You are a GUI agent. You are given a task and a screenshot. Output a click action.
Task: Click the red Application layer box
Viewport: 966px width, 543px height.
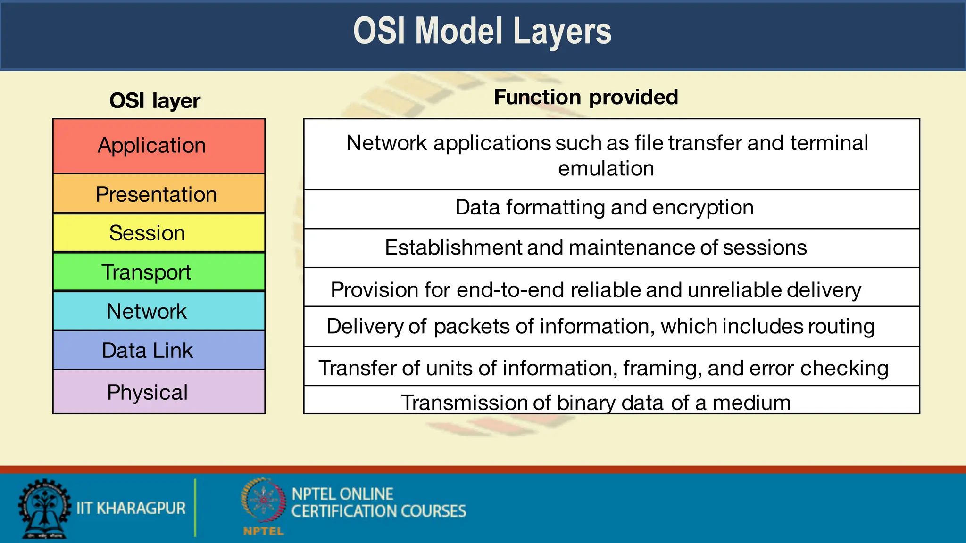click(159, 146)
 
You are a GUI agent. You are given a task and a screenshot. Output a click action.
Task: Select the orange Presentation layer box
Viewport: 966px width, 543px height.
click(159, 194)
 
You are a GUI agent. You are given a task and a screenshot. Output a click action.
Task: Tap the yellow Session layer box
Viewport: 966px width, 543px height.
click(159, 233)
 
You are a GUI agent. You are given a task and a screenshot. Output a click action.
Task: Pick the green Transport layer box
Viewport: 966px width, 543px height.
click(159, 272)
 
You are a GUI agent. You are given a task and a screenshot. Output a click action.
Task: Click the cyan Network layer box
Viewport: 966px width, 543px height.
click(159, 311)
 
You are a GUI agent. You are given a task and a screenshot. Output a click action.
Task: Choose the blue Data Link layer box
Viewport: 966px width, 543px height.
click(159, 350)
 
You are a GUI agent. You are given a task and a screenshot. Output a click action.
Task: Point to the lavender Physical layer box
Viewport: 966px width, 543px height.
click(159, 392)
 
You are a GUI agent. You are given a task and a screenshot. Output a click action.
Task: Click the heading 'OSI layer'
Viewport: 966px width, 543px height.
click(155, 100)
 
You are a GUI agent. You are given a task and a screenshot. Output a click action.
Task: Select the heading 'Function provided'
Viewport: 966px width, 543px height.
click(586, 97)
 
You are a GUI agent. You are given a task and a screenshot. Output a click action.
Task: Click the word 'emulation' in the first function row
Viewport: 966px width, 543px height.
click(606, 169)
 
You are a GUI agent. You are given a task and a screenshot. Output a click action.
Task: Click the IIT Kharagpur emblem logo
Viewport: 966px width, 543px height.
click(44, 509)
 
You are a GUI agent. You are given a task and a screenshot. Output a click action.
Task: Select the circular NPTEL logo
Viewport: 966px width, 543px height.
click(263, 501)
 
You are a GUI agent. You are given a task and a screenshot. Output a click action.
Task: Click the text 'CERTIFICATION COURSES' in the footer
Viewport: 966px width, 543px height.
click(378, 511)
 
